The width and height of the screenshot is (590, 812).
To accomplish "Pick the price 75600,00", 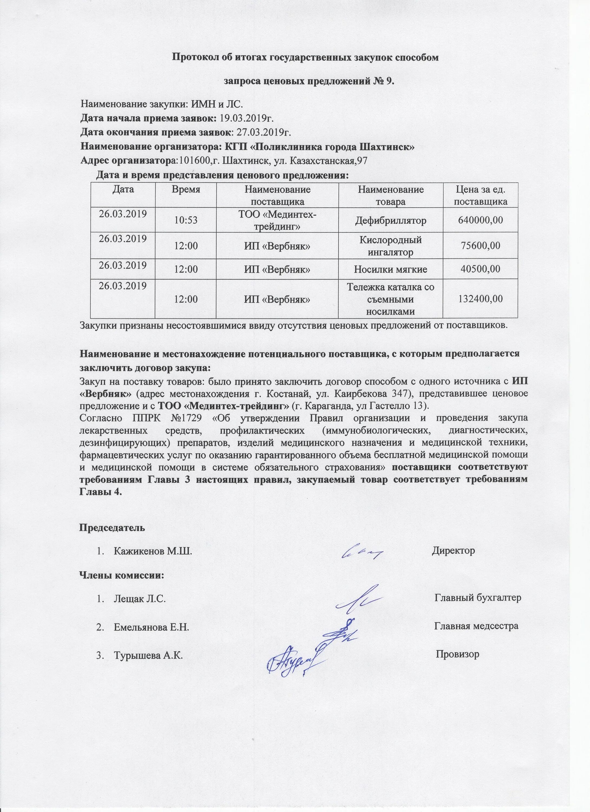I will pos(480,245).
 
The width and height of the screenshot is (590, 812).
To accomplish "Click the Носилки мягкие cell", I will pos(390,269).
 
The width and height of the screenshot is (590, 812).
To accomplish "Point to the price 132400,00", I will pos(480,299).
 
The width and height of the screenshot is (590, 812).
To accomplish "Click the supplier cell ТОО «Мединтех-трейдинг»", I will pos(277,220).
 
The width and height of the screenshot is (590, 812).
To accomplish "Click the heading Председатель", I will pos(112,528).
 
